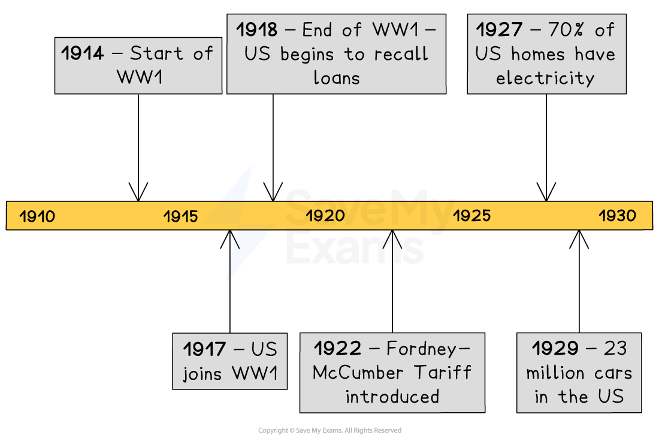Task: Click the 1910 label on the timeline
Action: (x=37, y=216)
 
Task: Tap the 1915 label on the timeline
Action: (x=180, y=216)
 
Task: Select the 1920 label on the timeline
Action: (x=325, y=216)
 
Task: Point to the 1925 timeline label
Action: (x=471, y=216)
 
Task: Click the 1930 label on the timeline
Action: (x=618, y=216)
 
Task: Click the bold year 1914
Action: (x=83, y=53)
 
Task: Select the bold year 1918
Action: (x=256, y=29)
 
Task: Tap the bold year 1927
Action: (x=499, y=29)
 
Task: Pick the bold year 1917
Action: (x=204, y=349)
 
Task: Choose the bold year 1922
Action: (x=338, y=348)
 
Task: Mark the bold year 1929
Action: (x=555, y=348)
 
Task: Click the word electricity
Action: (x=545, y=78)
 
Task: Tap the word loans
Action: (x=337, y=78)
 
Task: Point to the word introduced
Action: (x=392, y=397)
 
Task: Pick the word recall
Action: (x=401, y=54)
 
